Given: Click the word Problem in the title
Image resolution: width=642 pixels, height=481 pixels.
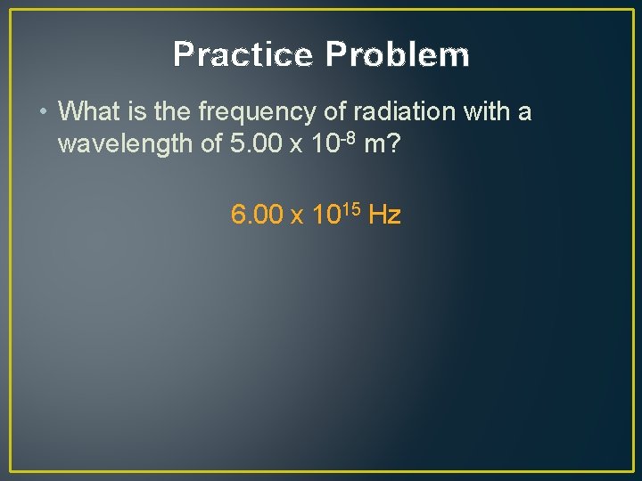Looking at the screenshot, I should point(397,55).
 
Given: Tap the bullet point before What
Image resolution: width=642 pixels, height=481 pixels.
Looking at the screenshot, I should point(44,112).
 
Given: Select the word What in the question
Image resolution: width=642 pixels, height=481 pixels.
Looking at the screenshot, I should point(86,112).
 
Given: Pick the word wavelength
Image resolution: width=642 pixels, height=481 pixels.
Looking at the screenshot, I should point(123,143).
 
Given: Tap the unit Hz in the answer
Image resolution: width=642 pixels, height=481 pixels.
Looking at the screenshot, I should point(384,215).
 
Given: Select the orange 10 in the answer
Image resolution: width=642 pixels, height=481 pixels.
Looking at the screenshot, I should point(323,215).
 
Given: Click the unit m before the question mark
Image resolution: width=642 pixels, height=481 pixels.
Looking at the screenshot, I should point(374,145).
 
